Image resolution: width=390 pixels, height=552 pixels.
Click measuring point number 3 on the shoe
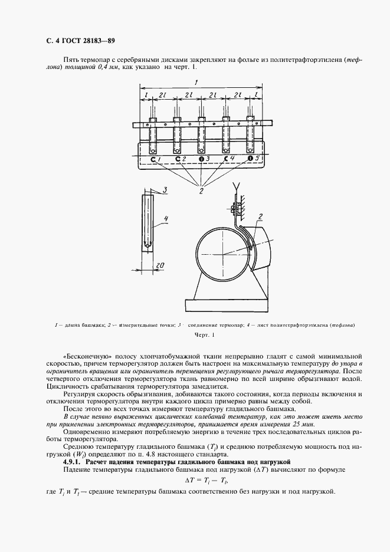[x=201, y=159]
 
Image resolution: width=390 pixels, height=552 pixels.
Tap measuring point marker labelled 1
[x=153, y=159]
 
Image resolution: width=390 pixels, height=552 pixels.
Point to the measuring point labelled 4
[x=226, y=159]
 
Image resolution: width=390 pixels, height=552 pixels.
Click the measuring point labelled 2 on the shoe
[x=177, y=159]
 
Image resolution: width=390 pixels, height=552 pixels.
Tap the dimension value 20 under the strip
[x=159, y=265]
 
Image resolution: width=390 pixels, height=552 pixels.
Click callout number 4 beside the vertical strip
[x=167, y=219]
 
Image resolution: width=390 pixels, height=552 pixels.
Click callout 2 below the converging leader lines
[x=201, y=190]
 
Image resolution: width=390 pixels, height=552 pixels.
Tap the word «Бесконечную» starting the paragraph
[x=84, y=357]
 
